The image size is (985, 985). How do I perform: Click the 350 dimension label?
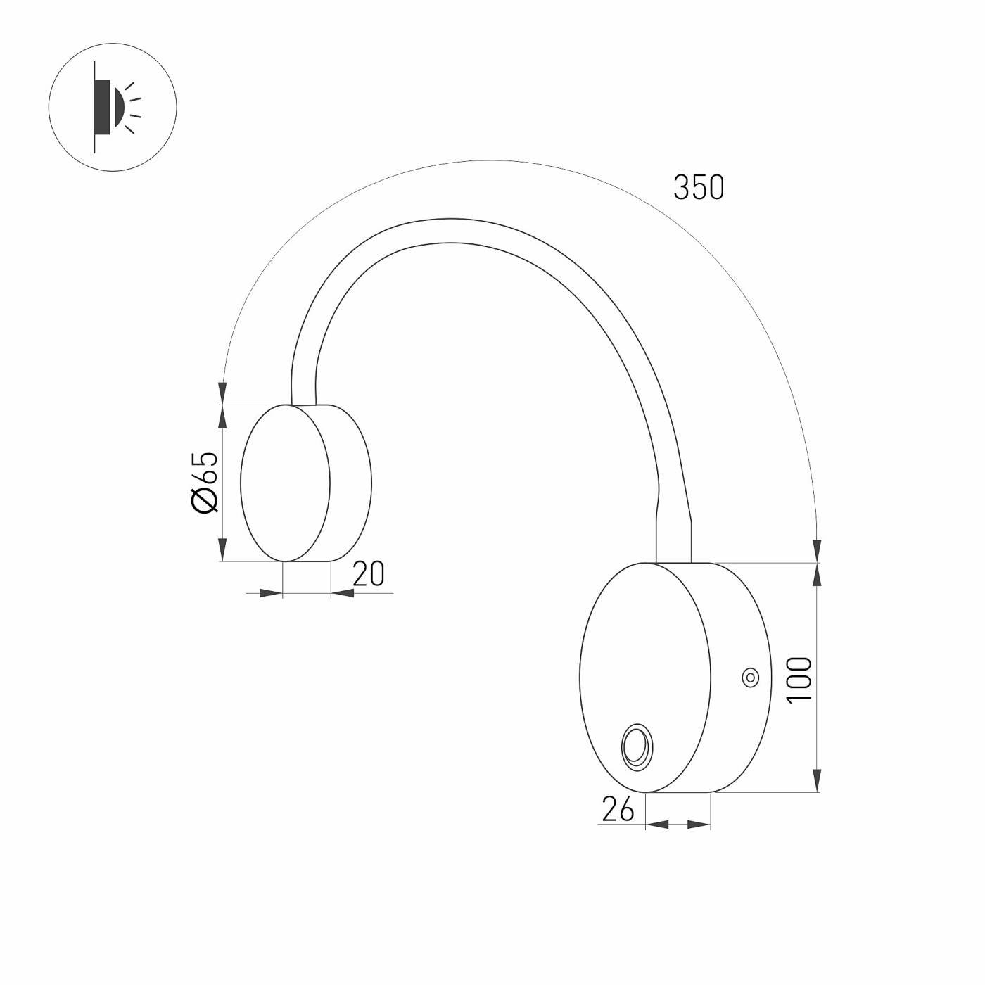(698, 188)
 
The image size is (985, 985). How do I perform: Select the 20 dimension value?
(369, 575)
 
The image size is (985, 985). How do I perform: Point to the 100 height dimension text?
(799, 679)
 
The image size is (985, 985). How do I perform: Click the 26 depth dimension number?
(618, 811)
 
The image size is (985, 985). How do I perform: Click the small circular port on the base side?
(750, 678)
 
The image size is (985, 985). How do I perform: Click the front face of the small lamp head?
(285, 483)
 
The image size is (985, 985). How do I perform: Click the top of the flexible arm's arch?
(443, 231)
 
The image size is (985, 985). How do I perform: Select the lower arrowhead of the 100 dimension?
(816, 780)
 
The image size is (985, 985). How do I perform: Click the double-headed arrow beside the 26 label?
(678, 824)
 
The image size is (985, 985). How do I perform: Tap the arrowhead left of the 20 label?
(270, 594)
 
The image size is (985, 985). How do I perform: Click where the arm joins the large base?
(673, 561)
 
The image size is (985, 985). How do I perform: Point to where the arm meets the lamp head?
(303, 403)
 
